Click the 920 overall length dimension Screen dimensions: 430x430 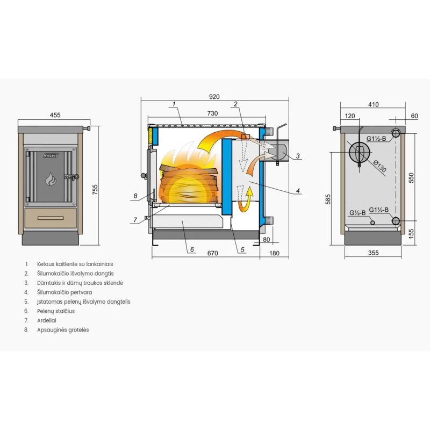click(214, 97)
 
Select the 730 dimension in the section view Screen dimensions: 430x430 click(212, 113)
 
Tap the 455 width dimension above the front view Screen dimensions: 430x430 click(55, 114)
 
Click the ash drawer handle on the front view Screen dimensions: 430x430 click(51, 218)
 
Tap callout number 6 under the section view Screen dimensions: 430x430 click(191, 249)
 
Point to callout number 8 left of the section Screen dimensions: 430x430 click(135, 196)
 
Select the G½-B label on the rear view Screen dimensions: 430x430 click(357, 213)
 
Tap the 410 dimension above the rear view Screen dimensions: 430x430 click(374, 104)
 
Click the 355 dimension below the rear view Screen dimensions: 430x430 click(373, 252)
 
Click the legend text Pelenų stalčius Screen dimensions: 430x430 click(56, 311)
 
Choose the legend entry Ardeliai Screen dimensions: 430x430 click(47, 320)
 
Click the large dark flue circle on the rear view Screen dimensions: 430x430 click(358, 152)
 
